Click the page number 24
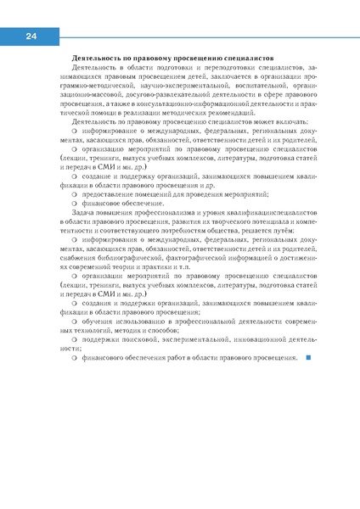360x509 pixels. pyautogui.click(x=31, y=36)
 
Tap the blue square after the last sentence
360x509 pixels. pyautogui.click(x=307, y=357)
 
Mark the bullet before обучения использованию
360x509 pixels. pyautogui.click(x=76, y=322)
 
